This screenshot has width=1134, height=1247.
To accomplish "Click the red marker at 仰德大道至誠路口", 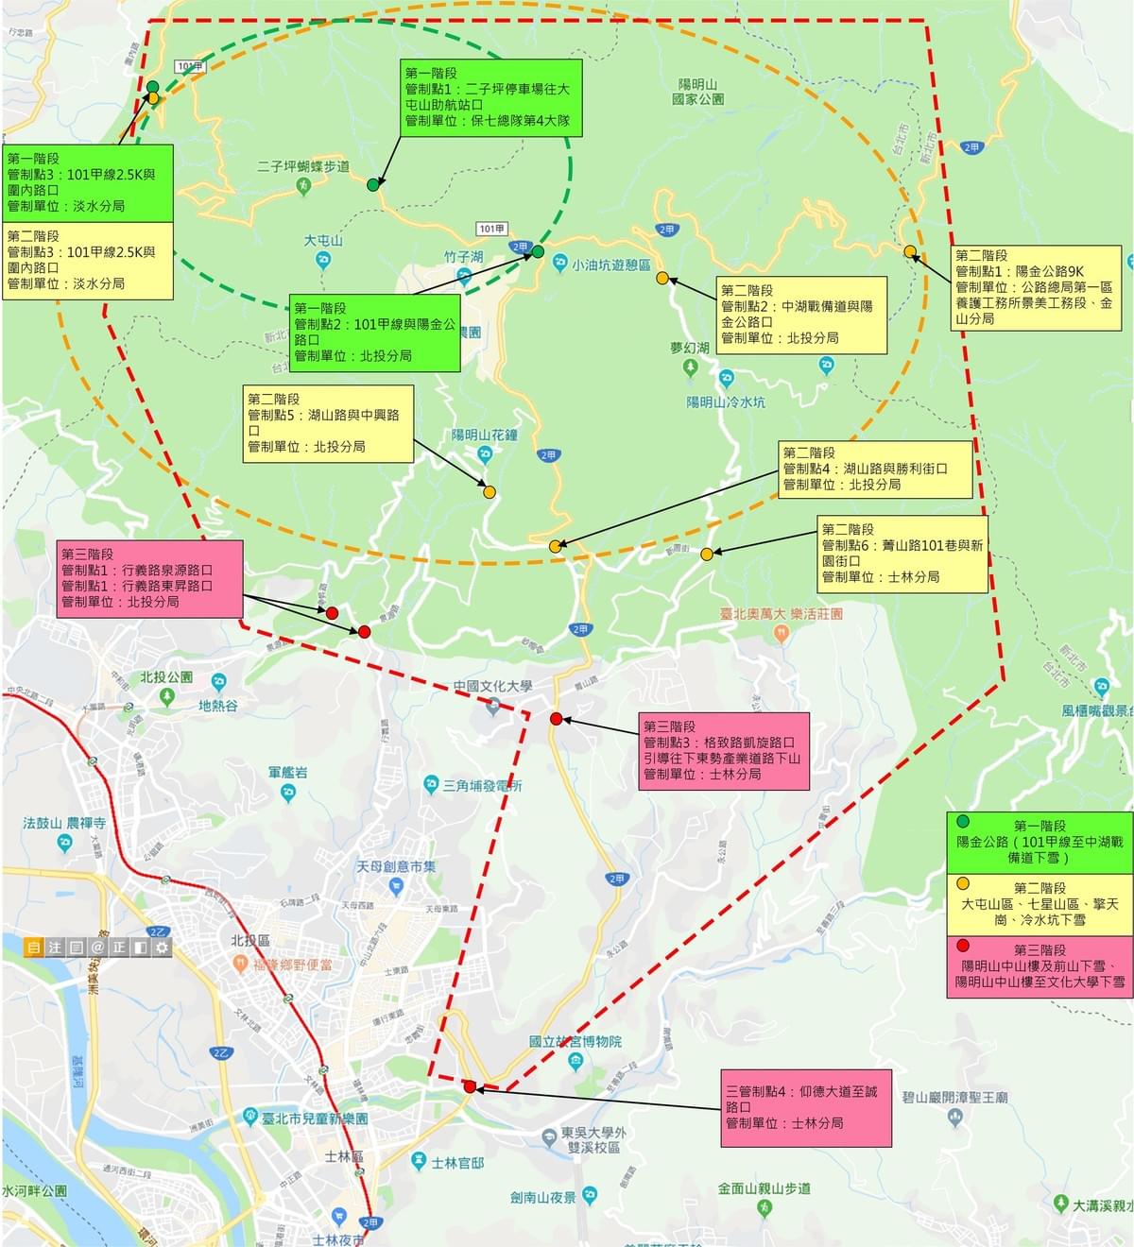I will click(470, 1086).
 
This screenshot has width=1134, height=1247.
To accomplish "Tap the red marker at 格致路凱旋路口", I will click(557, 719).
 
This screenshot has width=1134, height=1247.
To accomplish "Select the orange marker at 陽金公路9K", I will click(910, 251).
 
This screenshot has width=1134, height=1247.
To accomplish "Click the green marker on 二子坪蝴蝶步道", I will click(373, 185).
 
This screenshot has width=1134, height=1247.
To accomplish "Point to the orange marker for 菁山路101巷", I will click(707, 554).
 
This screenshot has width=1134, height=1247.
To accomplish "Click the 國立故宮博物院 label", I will click(576, 1041).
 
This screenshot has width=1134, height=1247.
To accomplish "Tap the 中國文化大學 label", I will click(492, 687).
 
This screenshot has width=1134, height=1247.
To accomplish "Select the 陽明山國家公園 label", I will click(698, 92).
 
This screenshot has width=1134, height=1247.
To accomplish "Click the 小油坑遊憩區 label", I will click(611, 265).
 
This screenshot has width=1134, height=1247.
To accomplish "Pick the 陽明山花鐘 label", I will click(484, 436).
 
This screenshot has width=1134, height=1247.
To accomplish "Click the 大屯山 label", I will click(323, 241).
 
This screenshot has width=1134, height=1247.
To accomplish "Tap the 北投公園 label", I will click(166, 677).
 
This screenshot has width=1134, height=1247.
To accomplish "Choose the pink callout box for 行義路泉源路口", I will click(149, 579).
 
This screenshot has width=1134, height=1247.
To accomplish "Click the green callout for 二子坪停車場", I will click(490, 97).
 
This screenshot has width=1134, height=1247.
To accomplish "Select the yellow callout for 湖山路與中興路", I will click(328, 423).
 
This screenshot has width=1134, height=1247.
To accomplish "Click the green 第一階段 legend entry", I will click(1039, 842).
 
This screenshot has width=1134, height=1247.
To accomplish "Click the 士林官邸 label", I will click(456, 1163).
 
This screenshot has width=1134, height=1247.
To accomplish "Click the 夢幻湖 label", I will click(690, 348).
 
